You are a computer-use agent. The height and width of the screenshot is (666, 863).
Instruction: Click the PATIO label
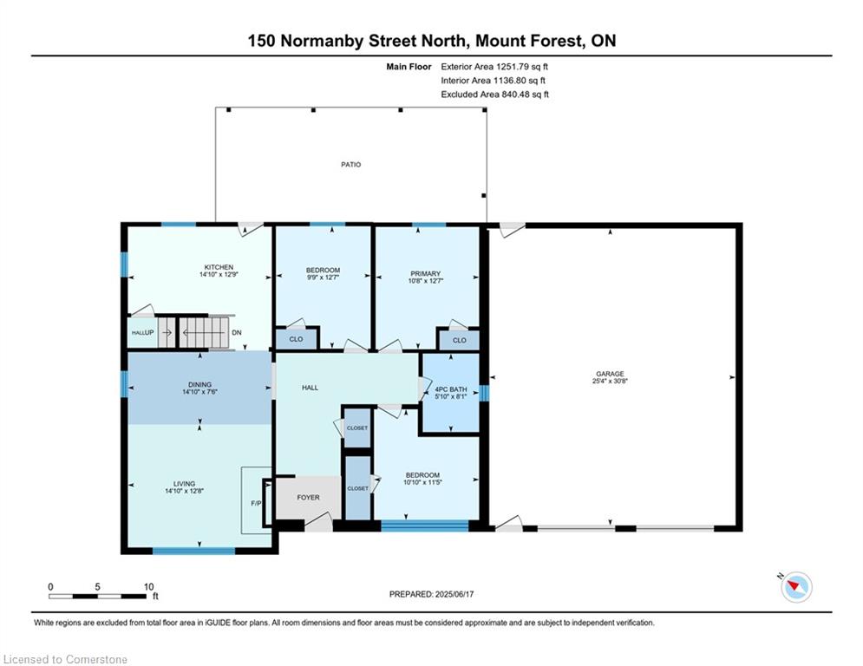[x=350, y=165]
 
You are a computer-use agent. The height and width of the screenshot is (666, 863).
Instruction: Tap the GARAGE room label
[x=610, y=374]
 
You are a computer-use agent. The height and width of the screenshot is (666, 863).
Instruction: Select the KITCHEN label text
[x=219, y=267]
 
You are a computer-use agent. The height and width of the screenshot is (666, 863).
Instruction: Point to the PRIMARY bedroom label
[x=426, y=273]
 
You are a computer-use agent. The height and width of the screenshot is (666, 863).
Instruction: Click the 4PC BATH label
[x=451, y=389]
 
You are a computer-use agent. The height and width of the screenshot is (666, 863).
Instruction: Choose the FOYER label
[x=308, y=497]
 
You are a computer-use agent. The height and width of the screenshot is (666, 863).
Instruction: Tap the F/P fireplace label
[x=256, y=503]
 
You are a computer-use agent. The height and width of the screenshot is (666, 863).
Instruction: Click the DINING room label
[x=199, y=385]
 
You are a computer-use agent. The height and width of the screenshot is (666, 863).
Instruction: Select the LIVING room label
[x=185, y=484]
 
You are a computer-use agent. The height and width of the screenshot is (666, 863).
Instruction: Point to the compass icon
[x=796, y=587]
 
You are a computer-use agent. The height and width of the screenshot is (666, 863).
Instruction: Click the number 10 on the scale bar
[x=148, y=587]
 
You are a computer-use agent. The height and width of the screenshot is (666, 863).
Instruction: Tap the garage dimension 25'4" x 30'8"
[x=610, y=381]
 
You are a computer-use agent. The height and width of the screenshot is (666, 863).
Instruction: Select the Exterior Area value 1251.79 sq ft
[x=522, y=67]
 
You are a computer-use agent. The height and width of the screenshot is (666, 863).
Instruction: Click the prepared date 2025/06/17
[x=454, y=594]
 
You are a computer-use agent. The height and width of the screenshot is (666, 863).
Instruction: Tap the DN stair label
[x=237, y=332]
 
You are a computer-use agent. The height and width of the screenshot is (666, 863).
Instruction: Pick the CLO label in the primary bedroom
[x=460, y=340]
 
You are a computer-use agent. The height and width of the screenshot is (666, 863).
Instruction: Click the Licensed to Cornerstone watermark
[x=65, y=659]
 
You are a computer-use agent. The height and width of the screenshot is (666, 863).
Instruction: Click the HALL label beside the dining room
[x=310, y=388]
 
